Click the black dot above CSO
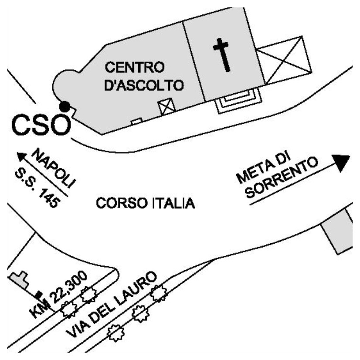coord(65,106)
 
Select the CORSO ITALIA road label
coord(145,203)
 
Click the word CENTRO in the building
coord(136,68)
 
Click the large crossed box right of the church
coord(284,61)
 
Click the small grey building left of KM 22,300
coord(18,279)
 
